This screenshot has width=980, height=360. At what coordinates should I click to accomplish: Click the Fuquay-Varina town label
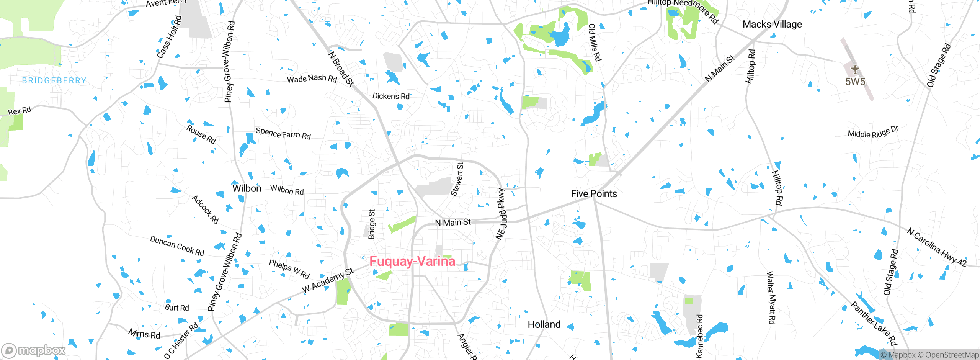(x=412, y=261)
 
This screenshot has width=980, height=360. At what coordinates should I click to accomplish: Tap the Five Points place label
(x=594, y=194)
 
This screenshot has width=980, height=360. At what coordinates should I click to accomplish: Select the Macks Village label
(x=772, y=24)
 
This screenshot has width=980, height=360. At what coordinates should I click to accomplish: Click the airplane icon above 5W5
(x=855, y=70)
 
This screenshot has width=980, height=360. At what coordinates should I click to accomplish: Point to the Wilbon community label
(x=247, y=188)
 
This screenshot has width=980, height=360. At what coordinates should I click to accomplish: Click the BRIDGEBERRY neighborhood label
(x=54, y=80)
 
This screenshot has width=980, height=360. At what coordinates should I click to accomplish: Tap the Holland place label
(x=544, y=324)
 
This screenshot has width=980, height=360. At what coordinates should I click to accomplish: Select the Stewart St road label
(x=457, y=179)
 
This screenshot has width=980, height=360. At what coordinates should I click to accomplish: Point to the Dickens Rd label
(x=391, y=96)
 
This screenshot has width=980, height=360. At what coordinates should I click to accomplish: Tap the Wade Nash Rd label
(x=312, y=79)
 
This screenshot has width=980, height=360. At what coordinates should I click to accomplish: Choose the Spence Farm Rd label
(x=283, y=134)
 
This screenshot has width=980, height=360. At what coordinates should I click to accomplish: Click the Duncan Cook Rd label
(x=177, y=246)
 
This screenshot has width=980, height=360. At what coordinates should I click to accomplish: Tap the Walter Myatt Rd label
(x=771, y=298)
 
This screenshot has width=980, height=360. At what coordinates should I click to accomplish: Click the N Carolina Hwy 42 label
(x=936, y=247)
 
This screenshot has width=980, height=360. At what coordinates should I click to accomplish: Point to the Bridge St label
(x=371, y=224)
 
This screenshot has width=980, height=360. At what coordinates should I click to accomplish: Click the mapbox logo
(x=34, y=350)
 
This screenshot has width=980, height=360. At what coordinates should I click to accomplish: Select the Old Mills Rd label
(x=594, y=43)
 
